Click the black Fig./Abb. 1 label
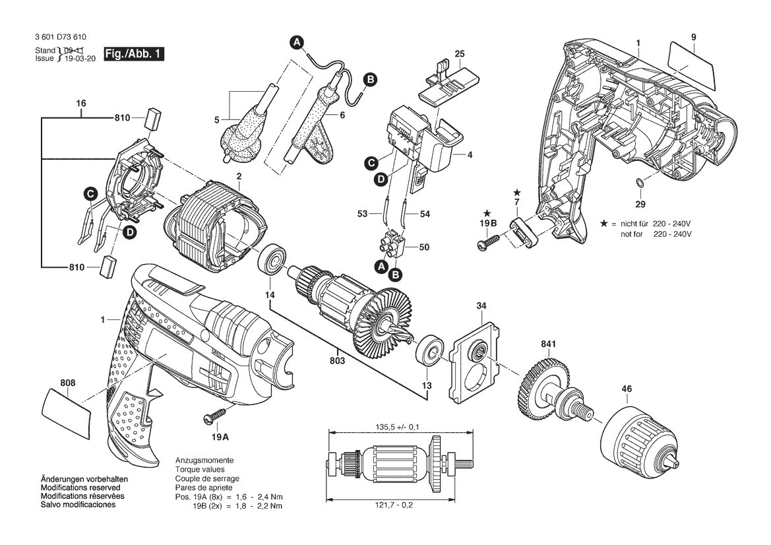click(134, 55)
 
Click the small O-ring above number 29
click(639, 183)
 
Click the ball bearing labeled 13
click(431, 350)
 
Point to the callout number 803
click(339, 361)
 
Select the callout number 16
click(81, 104)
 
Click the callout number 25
click(460, 53)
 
